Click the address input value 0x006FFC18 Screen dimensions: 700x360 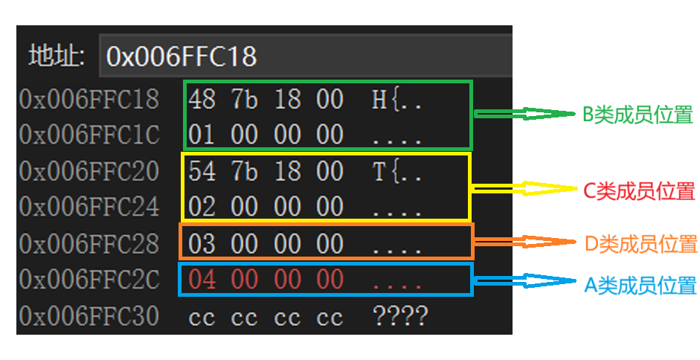click(182, 57)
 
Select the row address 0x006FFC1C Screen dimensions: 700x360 click(89, 135)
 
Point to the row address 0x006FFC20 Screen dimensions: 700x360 click(89, 171)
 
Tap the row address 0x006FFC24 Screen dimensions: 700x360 click(89, 207)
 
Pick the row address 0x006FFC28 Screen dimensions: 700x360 click(89, 243)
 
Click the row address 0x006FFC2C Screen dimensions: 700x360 click(89, 280)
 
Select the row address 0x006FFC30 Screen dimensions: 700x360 click(89, 316)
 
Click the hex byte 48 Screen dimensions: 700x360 click(202, 99)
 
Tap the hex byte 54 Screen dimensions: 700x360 click(202, 171)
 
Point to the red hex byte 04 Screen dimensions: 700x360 click(202, 280)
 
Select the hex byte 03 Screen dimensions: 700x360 click(202, 243)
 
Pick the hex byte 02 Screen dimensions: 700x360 click(202, 207)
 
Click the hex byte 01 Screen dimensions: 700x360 click(202, 135)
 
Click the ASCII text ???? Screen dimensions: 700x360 click(400, 316)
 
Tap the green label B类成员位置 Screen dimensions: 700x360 click(638, 115)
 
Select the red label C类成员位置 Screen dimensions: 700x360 click(639, 191)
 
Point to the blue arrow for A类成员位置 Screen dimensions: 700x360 click(524, 280)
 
